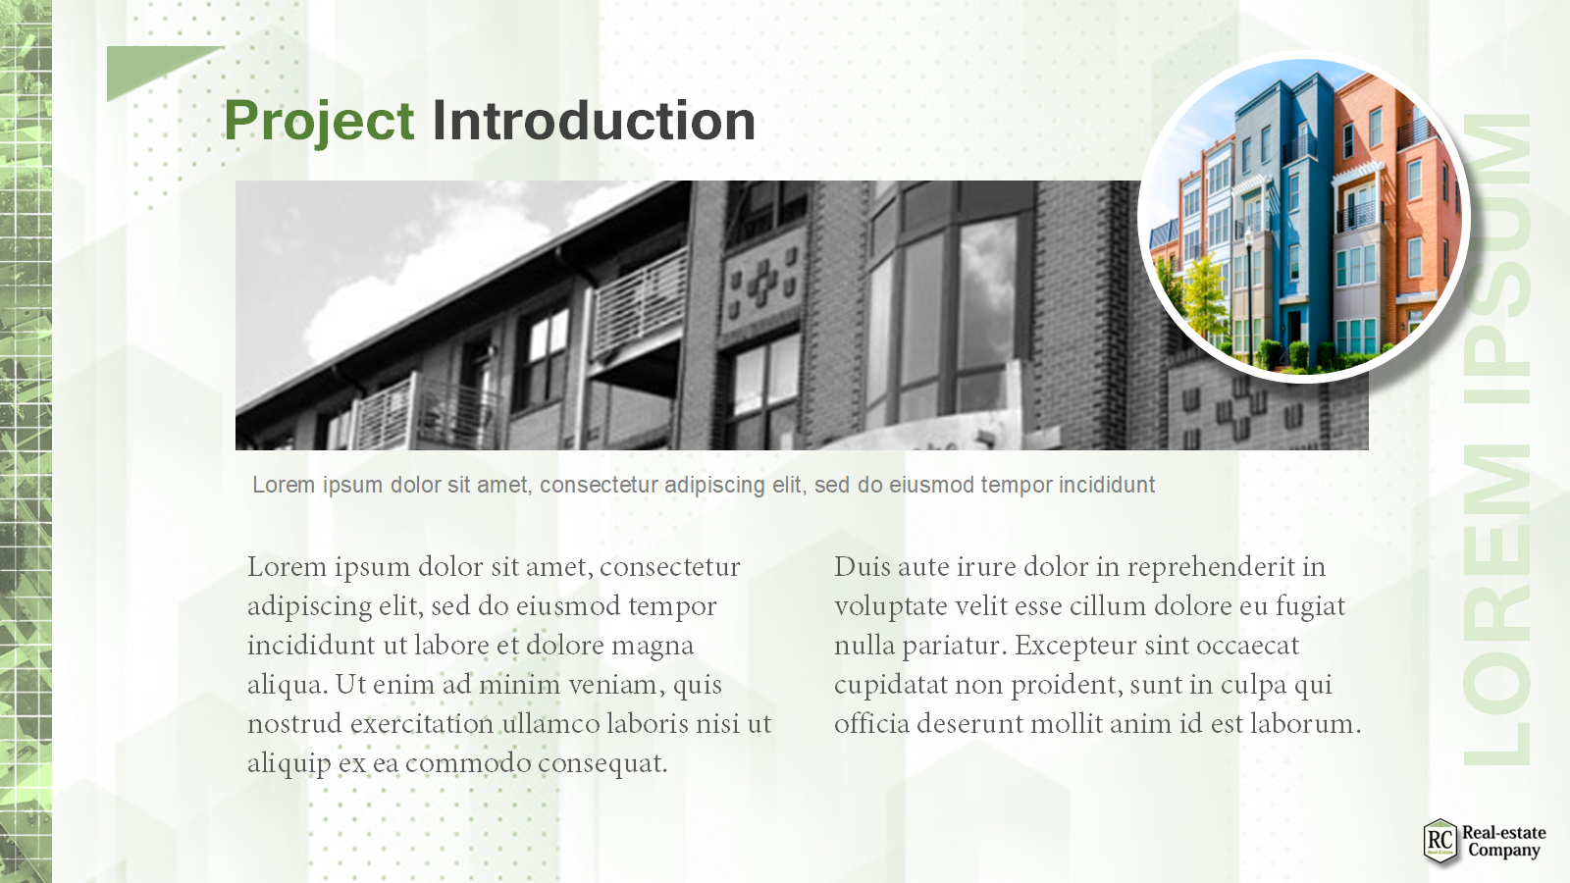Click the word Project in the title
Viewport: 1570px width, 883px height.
coord(319,122)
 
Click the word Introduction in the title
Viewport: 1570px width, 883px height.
coord(595,121)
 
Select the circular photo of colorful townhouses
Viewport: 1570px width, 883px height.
coord(1304,217)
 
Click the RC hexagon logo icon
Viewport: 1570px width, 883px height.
coord(1439,841)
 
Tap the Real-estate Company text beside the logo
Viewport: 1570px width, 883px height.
coord(1503,841)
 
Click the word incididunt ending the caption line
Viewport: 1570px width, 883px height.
coord(1107,485)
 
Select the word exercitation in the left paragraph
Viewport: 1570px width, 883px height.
coord(422,723)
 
